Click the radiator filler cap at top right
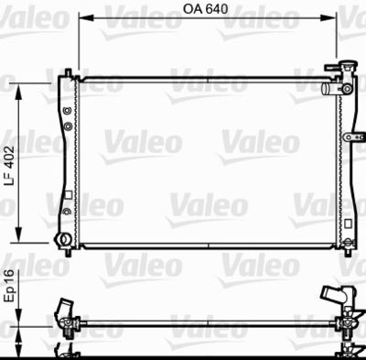click(347, 69)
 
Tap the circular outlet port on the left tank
click(63, 240)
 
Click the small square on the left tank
click(66, 194)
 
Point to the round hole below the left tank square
click(66, 211)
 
